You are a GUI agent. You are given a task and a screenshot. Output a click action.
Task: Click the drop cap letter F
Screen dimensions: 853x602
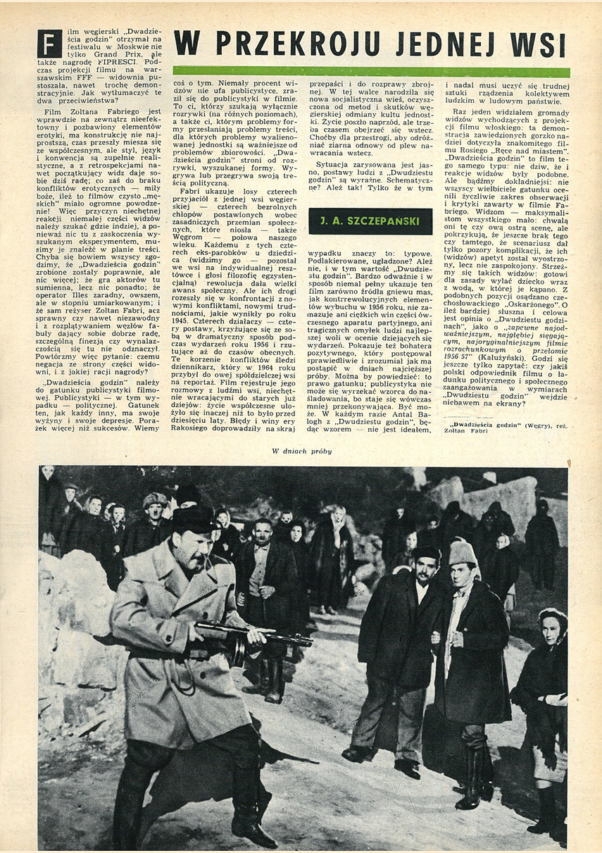[x=49, y=44]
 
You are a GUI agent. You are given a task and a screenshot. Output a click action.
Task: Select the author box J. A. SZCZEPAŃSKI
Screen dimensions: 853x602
[x=370, y=221]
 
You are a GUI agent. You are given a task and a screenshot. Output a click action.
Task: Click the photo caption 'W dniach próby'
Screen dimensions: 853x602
[x=302, y=451]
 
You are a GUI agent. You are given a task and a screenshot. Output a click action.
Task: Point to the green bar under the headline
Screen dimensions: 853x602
[x=371, y=71]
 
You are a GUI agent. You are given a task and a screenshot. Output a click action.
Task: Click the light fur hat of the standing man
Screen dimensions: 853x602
[x=463, y=552]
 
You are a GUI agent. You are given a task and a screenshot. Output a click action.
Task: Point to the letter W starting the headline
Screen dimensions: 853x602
[x=186, y=44]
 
